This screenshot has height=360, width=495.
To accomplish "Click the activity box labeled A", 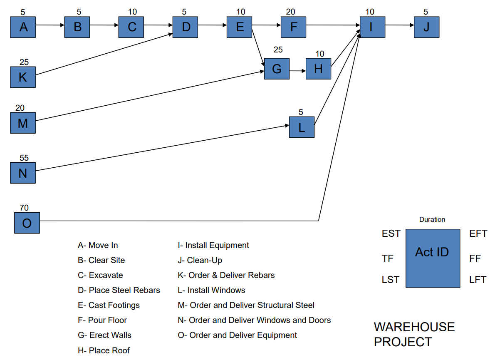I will point(23,27).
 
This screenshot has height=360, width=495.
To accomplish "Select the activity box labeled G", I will point(277,69).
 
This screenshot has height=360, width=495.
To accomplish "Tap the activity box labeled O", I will point(27,223).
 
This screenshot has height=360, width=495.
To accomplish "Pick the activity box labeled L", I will point(302,127).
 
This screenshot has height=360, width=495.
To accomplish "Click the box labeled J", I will point(426,27).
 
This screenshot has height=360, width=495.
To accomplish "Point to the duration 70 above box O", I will point(24,207).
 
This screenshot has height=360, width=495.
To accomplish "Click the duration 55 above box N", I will point(24,158).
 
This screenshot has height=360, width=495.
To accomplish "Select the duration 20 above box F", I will point(291,12).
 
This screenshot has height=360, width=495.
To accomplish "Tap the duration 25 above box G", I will point(278,50).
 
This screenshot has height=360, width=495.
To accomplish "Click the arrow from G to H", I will point(297,71).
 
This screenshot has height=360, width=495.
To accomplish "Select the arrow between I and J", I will point(399,25).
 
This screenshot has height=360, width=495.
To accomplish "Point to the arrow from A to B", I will point(49,25).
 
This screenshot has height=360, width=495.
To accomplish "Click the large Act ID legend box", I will point(433,258).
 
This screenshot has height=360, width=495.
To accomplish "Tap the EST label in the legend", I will point(391,234).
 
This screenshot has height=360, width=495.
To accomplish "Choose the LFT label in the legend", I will point(478,280).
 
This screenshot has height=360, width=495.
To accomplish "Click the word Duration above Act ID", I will point(432,219).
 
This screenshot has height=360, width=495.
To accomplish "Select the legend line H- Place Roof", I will point(104,350).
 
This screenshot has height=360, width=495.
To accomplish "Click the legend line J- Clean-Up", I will point(200,260).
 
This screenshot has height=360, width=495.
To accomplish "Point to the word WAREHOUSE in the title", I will point(414,327).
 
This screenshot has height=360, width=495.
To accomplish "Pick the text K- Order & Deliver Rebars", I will point(226,275).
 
